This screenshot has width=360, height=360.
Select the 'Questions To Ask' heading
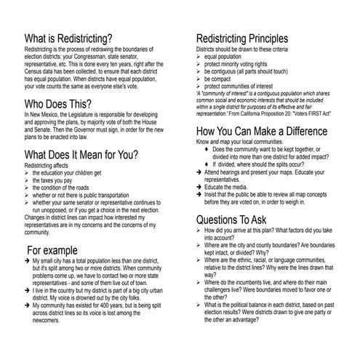(x=241, y=220)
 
